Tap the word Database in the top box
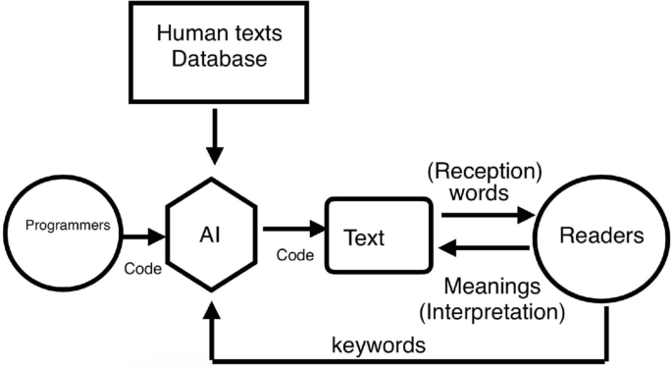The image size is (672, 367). pyautogui.click(x=219, y=60)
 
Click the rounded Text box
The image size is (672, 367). pyautogui.click(x=379, y=236)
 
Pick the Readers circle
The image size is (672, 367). pyautogui.click(x=601, y=236)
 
